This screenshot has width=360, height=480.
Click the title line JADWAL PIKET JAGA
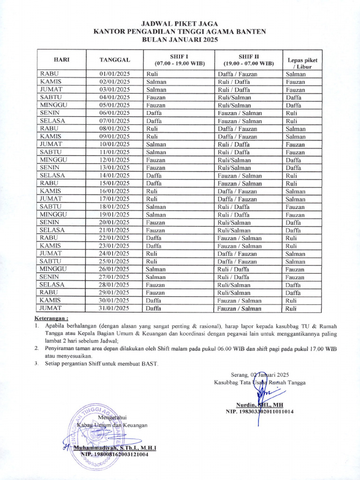pos(180,23)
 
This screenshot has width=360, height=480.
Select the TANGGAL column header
pos(114,60)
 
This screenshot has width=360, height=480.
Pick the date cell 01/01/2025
pos(114,74)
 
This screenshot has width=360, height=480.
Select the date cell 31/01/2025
pos(114,308)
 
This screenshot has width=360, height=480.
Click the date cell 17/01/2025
pos(114,199)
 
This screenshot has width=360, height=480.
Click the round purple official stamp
pos(97,436)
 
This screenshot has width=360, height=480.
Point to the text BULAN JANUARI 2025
pos(180,40)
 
